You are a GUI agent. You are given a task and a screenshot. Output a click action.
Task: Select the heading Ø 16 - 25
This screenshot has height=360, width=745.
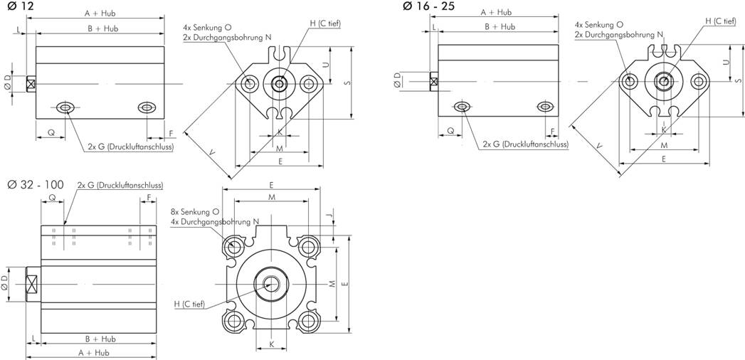pos(427,6)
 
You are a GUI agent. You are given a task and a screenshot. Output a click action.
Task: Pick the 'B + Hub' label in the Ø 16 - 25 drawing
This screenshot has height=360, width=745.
pos(499,26)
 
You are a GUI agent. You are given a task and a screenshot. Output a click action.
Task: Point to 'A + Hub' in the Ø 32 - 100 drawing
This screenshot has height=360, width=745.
pos(92,352)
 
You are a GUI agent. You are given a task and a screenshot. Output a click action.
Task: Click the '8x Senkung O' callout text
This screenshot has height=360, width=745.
pos(195,212)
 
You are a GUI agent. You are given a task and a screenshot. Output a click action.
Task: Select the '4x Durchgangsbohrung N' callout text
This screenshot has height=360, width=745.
pos(214,222)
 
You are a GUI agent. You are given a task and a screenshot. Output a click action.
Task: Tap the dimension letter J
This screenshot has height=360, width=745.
pos(329,215)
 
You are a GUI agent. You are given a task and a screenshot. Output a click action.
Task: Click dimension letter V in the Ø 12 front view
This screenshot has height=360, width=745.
pos(212,152)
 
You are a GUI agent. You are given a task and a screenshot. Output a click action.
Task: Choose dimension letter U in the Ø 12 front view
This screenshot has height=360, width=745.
pos(326,63)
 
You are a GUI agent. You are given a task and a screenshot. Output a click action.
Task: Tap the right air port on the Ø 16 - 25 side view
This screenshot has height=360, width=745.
pos(544,107)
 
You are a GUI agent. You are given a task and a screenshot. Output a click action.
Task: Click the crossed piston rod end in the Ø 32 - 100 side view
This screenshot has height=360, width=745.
pos(32,284)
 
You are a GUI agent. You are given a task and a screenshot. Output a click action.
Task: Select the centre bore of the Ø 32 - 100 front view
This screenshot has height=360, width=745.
pos(271,283)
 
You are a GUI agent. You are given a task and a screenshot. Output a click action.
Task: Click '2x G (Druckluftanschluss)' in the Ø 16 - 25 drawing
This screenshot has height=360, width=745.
pos(525,144)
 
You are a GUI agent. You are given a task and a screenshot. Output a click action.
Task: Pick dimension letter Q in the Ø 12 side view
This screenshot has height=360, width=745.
pos(51,133)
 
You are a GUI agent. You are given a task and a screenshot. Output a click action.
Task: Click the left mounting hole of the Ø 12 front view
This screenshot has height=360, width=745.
pos(249,84)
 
